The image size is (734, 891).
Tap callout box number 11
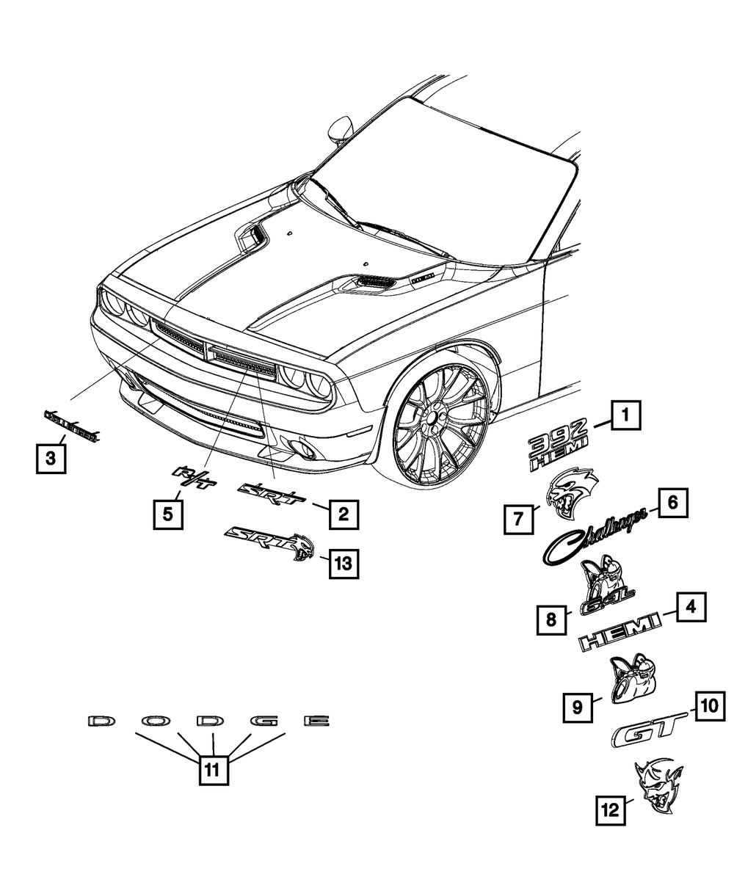tap(212, 769)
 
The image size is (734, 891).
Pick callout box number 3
tap(50, 459)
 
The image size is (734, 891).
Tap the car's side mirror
tap(340, 129)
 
